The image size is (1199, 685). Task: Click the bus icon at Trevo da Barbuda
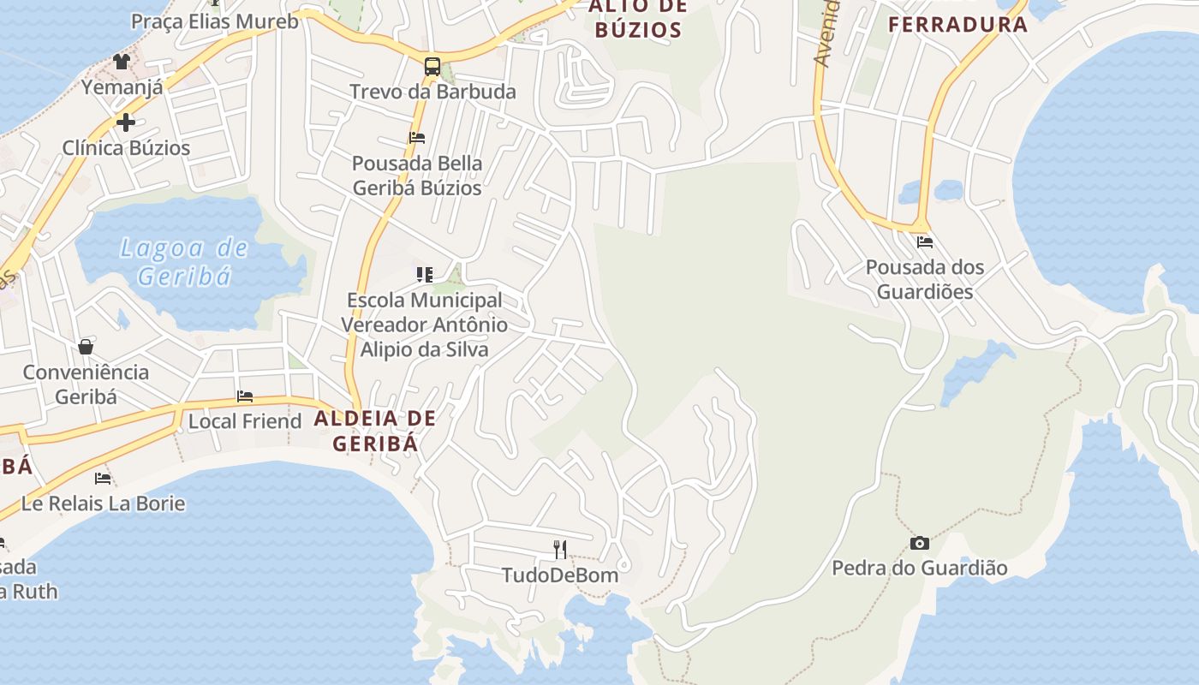(432, 67)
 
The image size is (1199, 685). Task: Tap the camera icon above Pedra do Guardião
(920, 543)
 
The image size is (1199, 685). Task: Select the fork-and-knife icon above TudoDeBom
(560, 549)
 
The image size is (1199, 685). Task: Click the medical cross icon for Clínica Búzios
(126, 122)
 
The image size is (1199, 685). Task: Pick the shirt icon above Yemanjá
(122, 62)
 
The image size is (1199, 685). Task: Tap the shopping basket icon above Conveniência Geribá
(86, 347)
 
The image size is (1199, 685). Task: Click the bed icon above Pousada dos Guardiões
(924, 242)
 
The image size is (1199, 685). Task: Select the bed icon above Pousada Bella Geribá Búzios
(417, 138)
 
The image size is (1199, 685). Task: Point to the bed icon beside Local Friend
(245, 396)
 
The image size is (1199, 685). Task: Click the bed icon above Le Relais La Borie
(103, 478)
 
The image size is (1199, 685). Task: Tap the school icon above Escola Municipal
(425, 275)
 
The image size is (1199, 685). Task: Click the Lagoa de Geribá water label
(184, 262)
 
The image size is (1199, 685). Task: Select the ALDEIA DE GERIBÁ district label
(375, 431)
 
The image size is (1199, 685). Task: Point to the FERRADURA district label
(957, 24)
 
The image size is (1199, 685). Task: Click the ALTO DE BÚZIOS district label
(638, 19)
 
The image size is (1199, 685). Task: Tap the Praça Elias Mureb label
(215, 21)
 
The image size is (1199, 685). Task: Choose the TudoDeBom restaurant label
(560, 575)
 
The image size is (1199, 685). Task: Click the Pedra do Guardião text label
(920, 568)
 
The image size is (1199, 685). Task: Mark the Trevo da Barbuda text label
(432, 92)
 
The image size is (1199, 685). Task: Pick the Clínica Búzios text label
(126, 147)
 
